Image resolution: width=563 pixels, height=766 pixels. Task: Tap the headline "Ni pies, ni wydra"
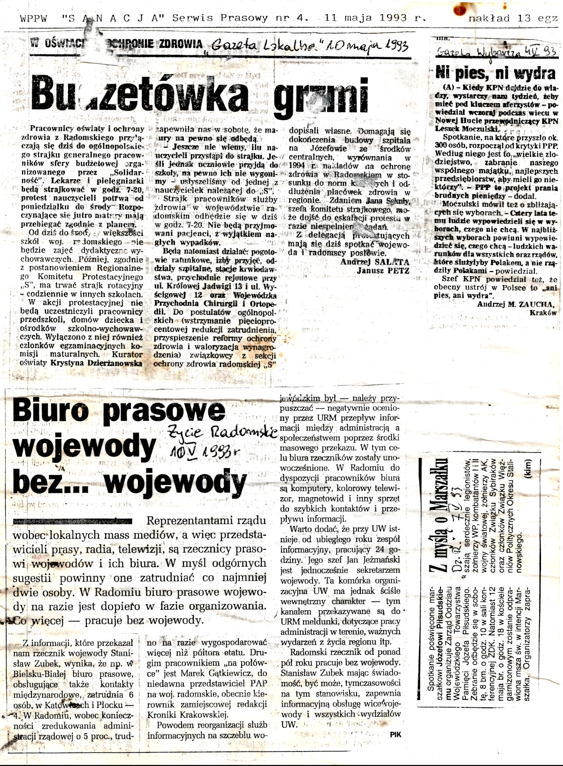click(495, 73)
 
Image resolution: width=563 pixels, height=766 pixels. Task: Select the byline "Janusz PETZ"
click(383, 271)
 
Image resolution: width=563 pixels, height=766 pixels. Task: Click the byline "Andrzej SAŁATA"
click(374, 262)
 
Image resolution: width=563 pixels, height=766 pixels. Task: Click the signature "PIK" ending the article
click(395, 735)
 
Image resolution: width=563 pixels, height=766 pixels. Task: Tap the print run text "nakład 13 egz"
click(513, 18)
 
